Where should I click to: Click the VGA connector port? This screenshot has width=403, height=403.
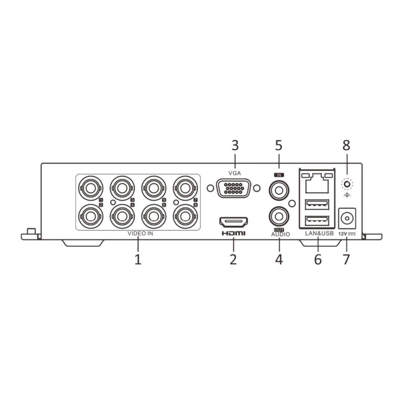(233, 188)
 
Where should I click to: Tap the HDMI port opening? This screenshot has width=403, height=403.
(233, 222)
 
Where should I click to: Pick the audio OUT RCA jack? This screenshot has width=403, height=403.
(279, 217)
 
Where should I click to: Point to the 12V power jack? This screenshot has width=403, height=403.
(347, 219)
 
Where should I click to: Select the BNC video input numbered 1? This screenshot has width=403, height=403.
(91, 188)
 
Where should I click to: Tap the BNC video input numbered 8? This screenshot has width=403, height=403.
(185, 217)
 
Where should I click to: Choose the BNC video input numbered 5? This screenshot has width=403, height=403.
(154, 188)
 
